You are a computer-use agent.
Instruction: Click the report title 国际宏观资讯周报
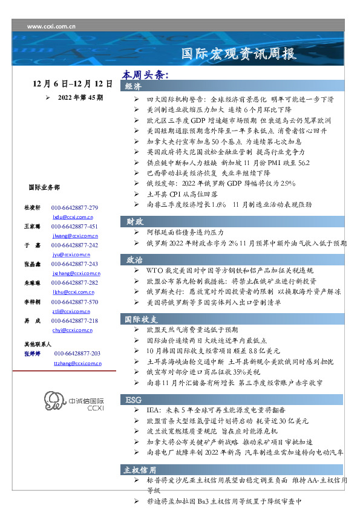tap(240, 54)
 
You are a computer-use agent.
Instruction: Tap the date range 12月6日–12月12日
tap(73, 82)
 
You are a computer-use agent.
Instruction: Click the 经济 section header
tap(134, 86)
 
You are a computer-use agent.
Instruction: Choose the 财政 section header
tap(134, 221)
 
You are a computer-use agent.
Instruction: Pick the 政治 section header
tap(134, 259)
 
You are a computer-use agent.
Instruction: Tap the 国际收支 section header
tap(142, 319)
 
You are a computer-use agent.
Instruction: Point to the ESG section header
tap(134, 400)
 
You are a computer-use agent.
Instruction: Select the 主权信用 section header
tap(141, 469)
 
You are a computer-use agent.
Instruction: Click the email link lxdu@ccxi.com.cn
tap(73, 216)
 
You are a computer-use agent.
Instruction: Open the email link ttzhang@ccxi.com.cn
tap(77, 363)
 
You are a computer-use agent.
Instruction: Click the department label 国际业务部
tap(44, 187)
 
